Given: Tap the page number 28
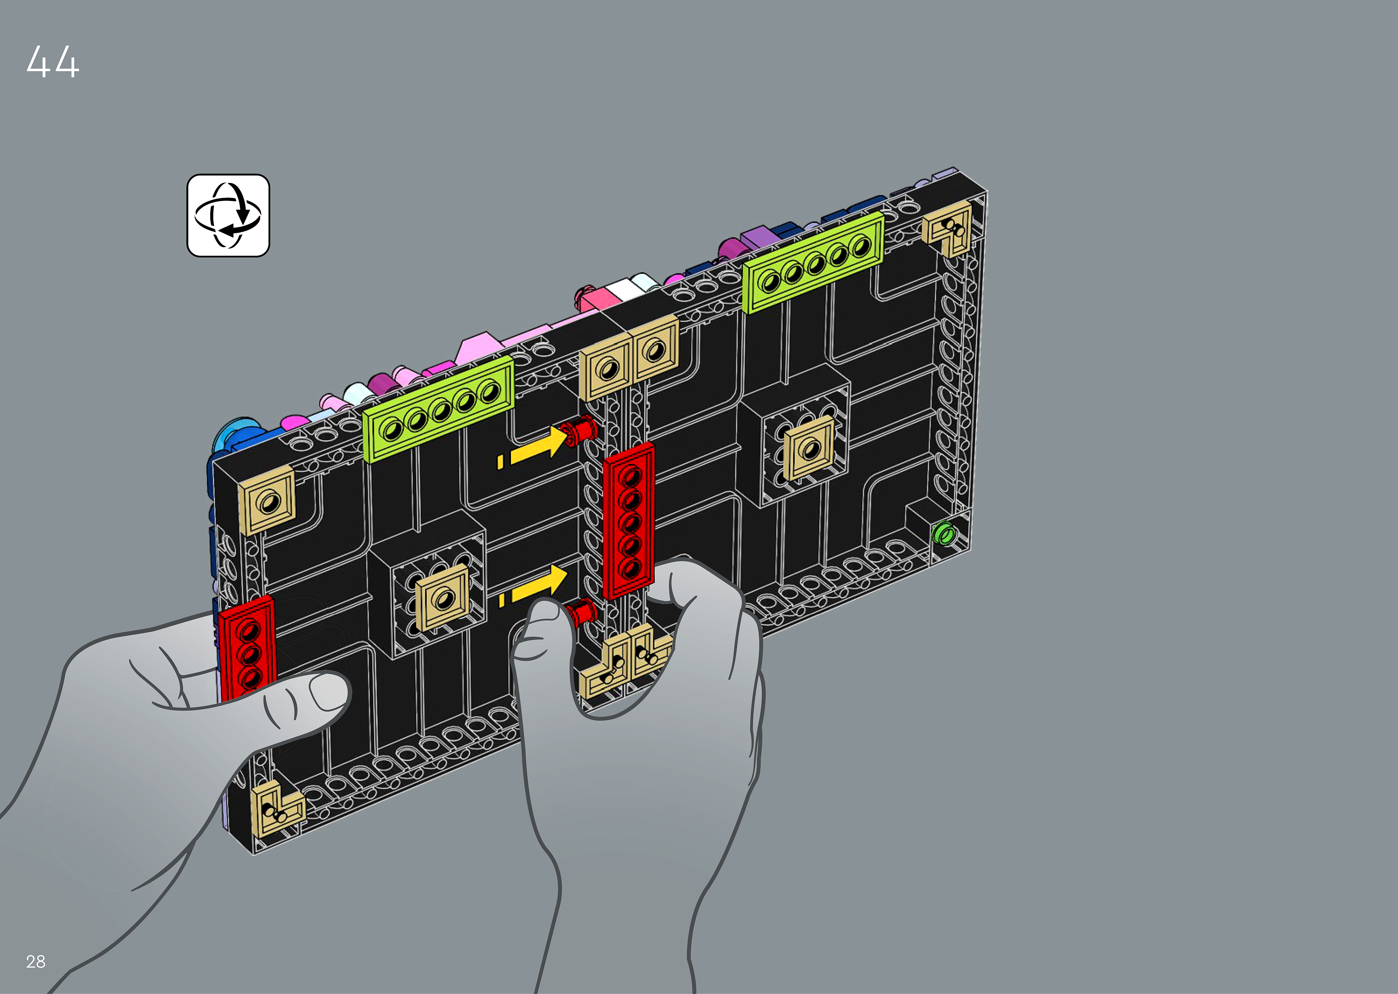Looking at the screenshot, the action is (x=36, y=962).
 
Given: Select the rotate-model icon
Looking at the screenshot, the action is (x=228, y=215).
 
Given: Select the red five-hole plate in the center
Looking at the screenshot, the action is (x=629, y=520).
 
